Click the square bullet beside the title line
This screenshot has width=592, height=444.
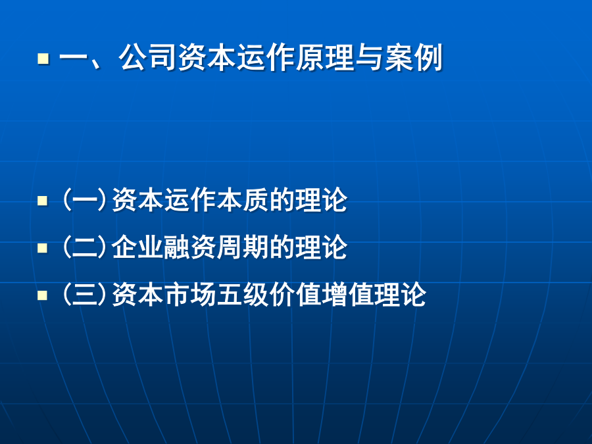point(43,59)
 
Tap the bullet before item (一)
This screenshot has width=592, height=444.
point(43,201)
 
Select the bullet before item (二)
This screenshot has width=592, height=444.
point(43,248)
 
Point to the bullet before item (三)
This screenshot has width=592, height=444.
point(43,295)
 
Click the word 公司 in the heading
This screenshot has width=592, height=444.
point(148,58)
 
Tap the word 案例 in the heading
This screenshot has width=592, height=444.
point(414,58)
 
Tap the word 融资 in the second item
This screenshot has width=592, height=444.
point(190,247)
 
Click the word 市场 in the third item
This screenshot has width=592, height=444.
point(190,294)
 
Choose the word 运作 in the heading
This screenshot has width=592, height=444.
point(266,58)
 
